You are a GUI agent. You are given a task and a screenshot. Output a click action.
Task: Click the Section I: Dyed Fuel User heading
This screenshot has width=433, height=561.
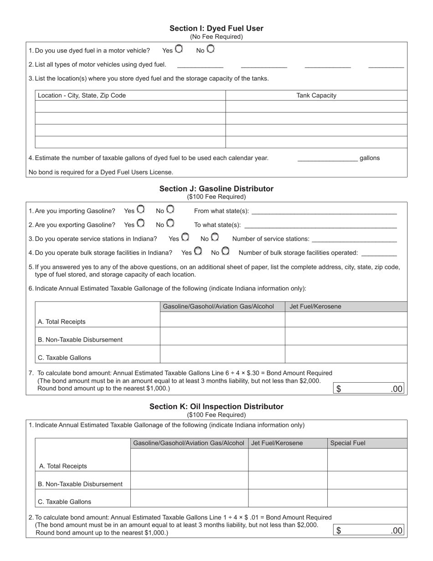[x=216, y=28]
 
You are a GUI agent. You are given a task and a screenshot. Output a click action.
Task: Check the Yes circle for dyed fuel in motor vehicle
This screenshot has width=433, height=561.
[x=179, y=49]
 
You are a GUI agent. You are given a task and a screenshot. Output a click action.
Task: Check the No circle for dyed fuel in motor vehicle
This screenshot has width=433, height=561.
[x=210, y=49]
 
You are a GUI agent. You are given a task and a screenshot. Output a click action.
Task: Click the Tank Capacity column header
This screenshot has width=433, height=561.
[x=316, y=95]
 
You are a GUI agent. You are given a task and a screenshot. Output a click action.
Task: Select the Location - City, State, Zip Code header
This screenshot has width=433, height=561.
[x=82, y=95]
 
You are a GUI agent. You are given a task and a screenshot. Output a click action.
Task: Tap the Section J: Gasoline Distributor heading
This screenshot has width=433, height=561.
[x=216, y=189]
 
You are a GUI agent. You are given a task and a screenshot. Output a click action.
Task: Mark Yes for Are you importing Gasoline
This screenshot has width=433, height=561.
[x=141, y=209]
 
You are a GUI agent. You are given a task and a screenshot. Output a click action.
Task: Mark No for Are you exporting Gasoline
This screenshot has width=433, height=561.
[x=170, y=223]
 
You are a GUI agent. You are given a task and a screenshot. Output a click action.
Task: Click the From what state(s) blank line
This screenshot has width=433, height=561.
[x=324, y=211]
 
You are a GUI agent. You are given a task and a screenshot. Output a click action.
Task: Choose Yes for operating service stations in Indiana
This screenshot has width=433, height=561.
[x=186, y=237]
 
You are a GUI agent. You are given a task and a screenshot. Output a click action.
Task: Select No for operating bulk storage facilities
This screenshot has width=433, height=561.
[x=225, y=251]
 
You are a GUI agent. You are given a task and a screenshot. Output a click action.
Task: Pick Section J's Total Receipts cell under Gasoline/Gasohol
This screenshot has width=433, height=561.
[x=222, y=320]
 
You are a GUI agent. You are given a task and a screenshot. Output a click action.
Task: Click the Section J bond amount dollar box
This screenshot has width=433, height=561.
[x=369, y=389]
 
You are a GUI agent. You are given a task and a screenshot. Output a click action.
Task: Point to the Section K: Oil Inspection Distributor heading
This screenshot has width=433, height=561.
[x=216, y=406]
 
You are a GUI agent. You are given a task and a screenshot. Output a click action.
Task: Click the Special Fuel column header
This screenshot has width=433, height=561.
[x=348, y=443]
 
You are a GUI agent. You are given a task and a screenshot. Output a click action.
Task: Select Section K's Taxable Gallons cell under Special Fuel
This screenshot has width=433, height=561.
[x=367, y=499]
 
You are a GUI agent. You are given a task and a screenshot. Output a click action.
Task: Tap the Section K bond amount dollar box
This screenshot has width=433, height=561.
[x=369, y=530]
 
